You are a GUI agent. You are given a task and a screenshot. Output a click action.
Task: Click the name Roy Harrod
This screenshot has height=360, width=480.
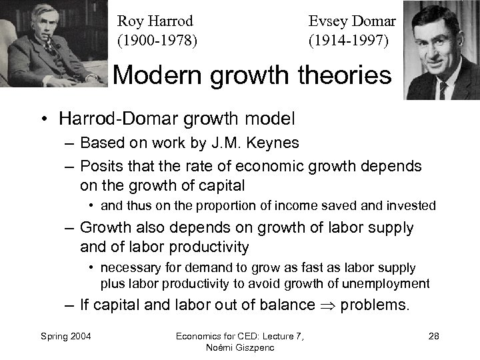(x=155, y=21)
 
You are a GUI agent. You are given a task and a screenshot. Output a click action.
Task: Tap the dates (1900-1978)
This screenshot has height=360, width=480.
(x=157, y=40)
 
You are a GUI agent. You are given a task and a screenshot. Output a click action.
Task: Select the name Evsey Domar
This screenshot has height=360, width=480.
(x=352, y=21)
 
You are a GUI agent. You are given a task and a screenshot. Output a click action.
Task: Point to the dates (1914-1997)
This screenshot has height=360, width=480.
(x=348, y=40)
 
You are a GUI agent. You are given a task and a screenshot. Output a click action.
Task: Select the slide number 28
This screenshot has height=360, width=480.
(x=433, y=335)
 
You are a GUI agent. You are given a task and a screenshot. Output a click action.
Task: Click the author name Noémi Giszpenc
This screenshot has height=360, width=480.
(x=239, y=347)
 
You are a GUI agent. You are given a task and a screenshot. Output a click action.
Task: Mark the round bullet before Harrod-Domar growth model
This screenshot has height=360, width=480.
(x=42, y=120)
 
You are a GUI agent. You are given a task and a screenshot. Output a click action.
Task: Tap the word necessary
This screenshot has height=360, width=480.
(x=130, y=268)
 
